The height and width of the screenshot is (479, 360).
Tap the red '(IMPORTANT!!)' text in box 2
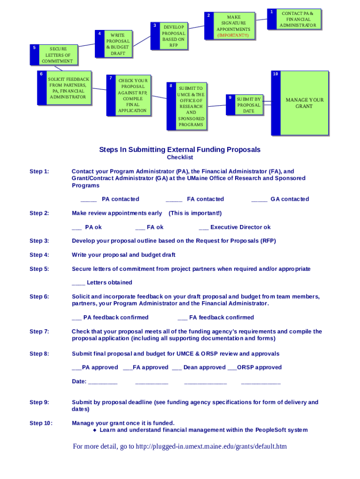[233, 36]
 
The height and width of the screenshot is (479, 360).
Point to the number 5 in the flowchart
[34, 47]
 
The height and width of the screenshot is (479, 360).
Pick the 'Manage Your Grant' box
[304, 103]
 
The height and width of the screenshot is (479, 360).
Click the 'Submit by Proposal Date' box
[248, 105]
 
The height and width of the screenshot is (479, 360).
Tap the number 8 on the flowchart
[171, 86]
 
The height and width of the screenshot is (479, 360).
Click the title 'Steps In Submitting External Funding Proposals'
[180, 150]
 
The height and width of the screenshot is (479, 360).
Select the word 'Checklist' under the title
[180, 158]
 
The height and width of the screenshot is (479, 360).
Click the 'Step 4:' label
[39, 255]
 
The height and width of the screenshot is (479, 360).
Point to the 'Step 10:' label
[41, 423]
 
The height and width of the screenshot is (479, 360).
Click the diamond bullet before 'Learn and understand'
[94, 430]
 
